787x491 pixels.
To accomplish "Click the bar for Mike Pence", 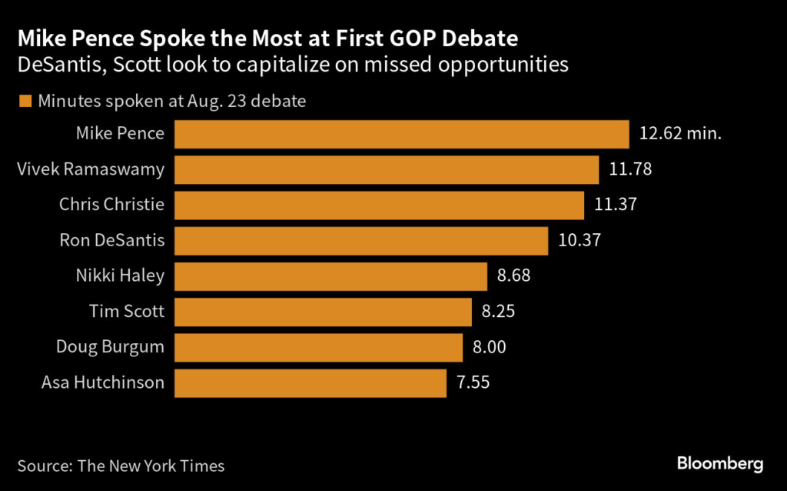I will pos(402,133).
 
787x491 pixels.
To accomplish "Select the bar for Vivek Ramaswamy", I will pos(387,169).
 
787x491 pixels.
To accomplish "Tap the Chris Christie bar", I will pos(379,205).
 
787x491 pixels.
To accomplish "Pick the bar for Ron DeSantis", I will pos(361,240).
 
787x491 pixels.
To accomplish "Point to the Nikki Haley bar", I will pos(330,276).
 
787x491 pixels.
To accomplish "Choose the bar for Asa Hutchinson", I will pos(310,382).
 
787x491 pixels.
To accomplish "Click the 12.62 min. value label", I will pos(680,133).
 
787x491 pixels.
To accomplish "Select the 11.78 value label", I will pos(630,169).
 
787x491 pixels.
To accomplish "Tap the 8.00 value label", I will pos(490,347).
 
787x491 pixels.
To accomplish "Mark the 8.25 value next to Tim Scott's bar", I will pos(498,312).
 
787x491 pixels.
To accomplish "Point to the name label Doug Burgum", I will pos(110,347).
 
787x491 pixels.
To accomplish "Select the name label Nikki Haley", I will pos(120,276).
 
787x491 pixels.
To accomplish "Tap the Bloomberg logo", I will pos(719,464).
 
